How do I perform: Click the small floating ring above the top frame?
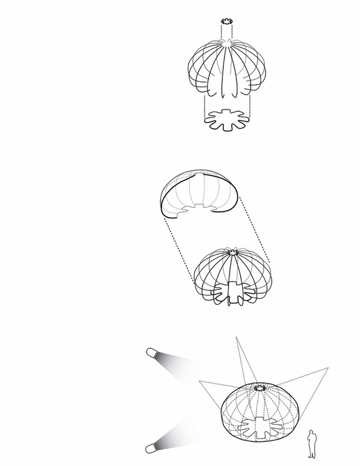point(227,22)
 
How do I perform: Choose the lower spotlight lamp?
point(151,448)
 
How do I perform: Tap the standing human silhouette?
point(312,444)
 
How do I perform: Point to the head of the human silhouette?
point(312,432)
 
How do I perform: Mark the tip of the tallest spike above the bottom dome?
point(236,337)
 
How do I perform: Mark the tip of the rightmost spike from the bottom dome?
point(328,368)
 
